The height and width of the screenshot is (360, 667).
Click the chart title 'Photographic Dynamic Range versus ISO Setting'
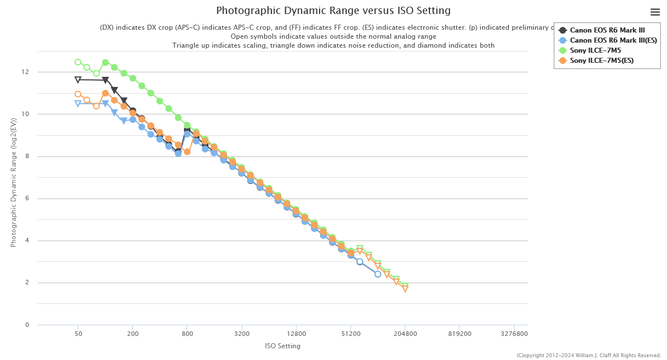pos(333,11)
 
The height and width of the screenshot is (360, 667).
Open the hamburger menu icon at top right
pos(655,12)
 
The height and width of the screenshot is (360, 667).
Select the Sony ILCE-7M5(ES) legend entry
pos(601,60)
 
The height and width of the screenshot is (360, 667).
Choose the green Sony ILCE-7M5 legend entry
pos(595,50)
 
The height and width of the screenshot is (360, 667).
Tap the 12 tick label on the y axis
pos(25,72)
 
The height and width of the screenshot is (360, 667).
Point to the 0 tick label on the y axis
pos(27,325)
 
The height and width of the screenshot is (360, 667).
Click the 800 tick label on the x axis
pos(187,333)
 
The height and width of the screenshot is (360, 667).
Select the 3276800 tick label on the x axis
pos(514,333)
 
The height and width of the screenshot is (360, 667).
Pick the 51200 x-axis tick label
pos(350,333)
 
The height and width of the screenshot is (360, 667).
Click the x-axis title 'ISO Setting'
pos(282,346)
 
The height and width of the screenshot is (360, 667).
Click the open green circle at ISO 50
pos(78,62)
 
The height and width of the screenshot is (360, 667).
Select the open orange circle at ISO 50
pos(78,94)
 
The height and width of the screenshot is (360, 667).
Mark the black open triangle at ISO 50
pos(78,80)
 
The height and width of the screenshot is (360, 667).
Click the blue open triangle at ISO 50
pos(78,103)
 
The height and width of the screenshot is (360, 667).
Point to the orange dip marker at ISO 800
pos(187,152)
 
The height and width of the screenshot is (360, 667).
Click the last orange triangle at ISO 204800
pos(405,289)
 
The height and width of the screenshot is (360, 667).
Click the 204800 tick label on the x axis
pos(405,333)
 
